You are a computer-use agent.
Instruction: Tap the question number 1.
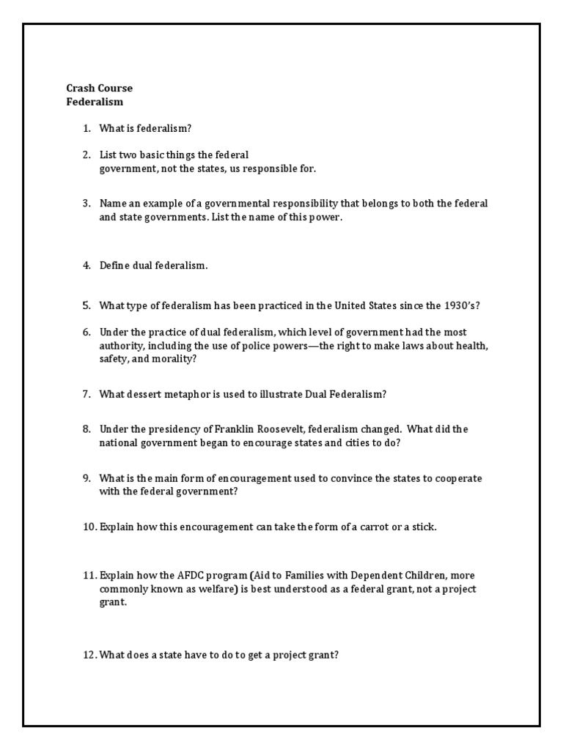click(87, 128)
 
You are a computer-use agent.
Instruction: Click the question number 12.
click(89, 656)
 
